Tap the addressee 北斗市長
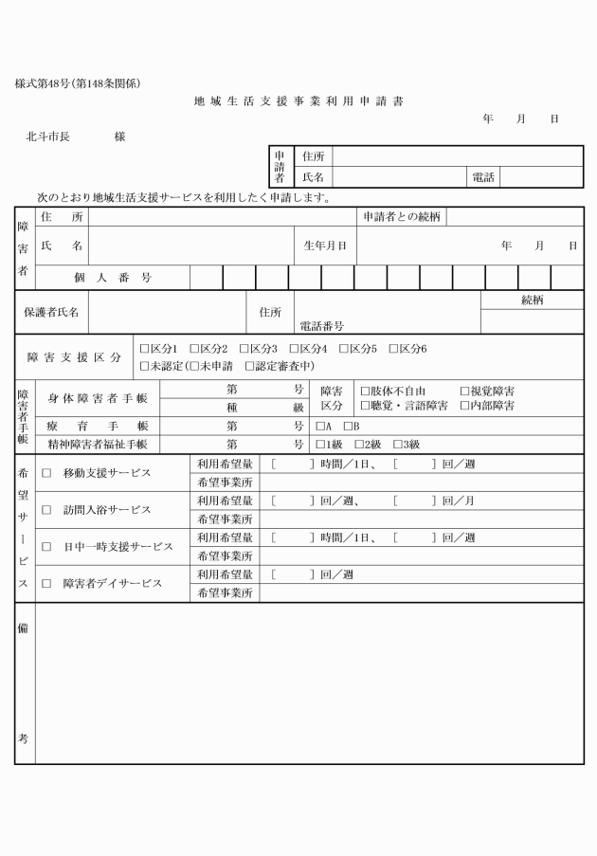[47, 137]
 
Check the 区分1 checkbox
[144, 349]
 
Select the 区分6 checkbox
[393, 349]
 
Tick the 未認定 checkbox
[144, 366]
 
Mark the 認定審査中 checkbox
[250, 366]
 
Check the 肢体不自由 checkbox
[365, 391]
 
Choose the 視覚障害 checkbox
[464, 391]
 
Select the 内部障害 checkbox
[464, 406]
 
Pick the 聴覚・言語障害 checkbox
[365, 406]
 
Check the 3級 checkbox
[398, 444]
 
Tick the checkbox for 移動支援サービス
[45, 473]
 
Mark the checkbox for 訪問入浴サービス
[45, 510]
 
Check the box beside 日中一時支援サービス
[45, 547]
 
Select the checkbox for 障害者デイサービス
[45, 584]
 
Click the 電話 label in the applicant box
[481, 176]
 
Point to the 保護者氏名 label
[52, 312]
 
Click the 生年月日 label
[324, 246]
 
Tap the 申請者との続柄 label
[402, 217]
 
